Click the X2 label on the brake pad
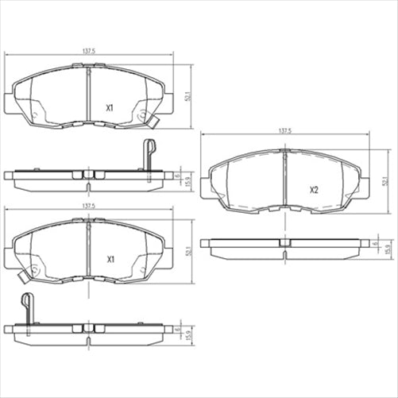(314, 191)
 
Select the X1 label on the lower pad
(110, 259)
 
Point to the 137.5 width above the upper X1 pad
(87, 52)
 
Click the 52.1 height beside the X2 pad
(384, 182)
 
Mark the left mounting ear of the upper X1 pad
(9, 103)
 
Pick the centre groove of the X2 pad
(284, 184)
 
